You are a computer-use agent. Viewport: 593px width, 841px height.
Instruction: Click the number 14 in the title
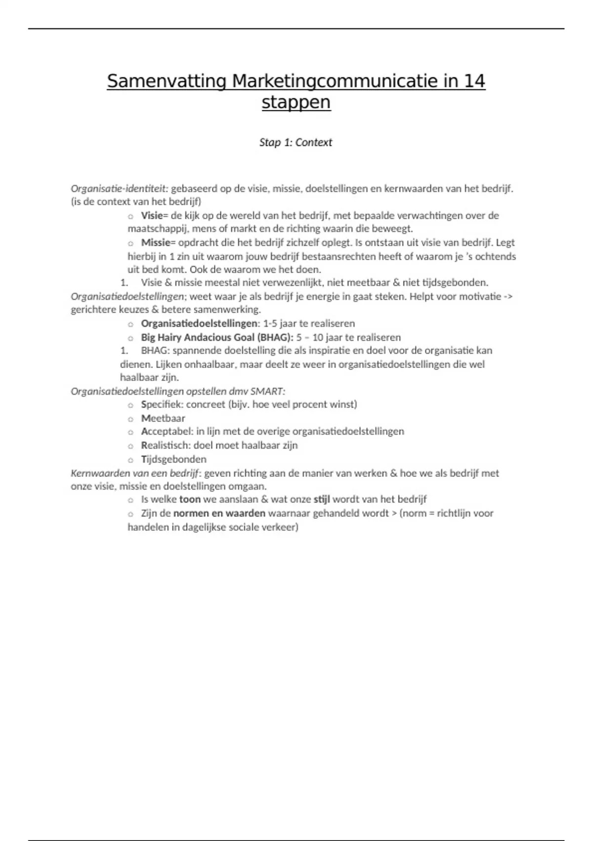tap(474, 81)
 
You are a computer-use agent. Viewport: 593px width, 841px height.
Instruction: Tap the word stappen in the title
tap(296, 103)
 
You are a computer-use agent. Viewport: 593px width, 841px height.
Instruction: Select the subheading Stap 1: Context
tap(296, 142)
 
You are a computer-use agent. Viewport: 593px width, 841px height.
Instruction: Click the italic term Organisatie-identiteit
tap(120, 188)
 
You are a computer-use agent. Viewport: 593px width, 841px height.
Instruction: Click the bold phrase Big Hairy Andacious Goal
tap(195, 337)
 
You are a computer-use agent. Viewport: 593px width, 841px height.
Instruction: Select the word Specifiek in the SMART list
tap(161, 404)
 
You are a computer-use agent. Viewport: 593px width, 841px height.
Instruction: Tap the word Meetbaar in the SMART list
tap(163, 418)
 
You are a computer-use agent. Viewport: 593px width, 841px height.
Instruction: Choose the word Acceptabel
tap(165, 431)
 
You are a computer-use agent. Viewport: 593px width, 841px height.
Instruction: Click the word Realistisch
tap(165, 445)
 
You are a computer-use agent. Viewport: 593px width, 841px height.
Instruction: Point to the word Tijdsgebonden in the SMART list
tap(173, 459)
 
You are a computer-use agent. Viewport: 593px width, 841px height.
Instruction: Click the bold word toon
tap(190, 499)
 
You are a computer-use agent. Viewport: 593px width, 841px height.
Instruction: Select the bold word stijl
tap(322, 499)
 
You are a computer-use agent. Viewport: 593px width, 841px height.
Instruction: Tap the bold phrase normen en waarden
tap(219, 513)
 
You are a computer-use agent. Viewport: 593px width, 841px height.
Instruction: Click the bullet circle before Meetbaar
tap(131, 419)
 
